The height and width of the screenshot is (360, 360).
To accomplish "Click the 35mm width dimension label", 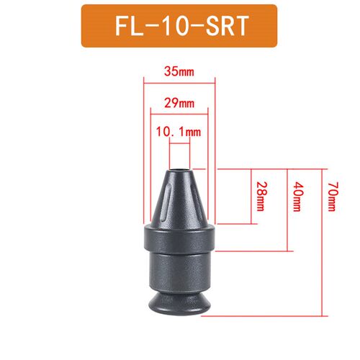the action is pos(179,71).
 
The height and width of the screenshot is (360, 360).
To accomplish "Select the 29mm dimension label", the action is pos(179,103).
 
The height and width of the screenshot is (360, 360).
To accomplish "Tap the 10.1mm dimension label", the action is pos(179,132).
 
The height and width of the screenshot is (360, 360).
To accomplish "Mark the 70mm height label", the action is pos(333,197).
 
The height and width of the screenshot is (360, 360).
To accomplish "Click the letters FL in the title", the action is pos(129,26).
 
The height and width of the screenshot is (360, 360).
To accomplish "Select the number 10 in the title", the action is pos(181,26).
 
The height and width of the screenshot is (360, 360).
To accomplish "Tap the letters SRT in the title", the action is pos(227,26).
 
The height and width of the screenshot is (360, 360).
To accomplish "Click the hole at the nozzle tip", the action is pos(180,171).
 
